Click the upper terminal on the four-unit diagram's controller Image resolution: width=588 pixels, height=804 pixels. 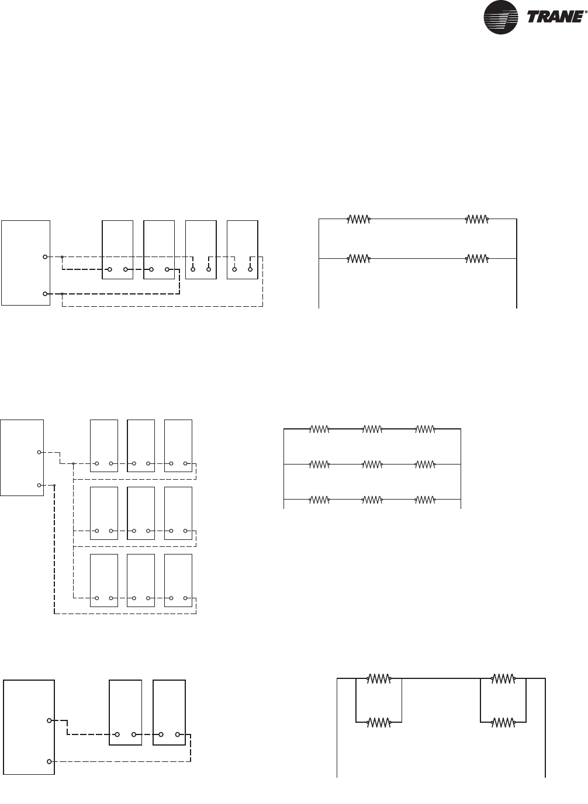click(45, 257)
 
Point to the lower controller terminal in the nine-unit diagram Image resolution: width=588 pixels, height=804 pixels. click(39, 485)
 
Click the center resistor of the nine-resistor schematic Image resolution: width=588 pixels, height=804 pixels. click(372, 465)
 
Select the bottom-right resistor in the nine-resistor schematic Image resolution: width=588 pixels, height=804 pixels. click(425, 500)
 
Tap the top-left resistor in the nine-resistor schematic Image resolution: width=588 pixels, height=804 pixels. click(319, 429)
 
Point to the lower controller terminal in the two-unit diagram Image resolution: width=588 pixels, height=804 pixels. click(49, 761)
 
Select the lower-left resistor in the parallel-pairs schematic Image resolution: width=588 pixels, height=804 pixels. click(379, 722)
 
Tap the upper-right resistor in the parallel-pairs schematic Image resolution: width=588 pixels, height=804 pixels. click(503, 679)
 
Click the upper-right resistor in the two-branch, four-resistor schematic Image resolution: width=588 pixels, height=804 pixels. click(476, 220)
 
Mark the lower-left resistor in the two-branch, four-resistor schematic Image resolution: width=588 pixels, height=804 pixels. click(359, 258)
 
